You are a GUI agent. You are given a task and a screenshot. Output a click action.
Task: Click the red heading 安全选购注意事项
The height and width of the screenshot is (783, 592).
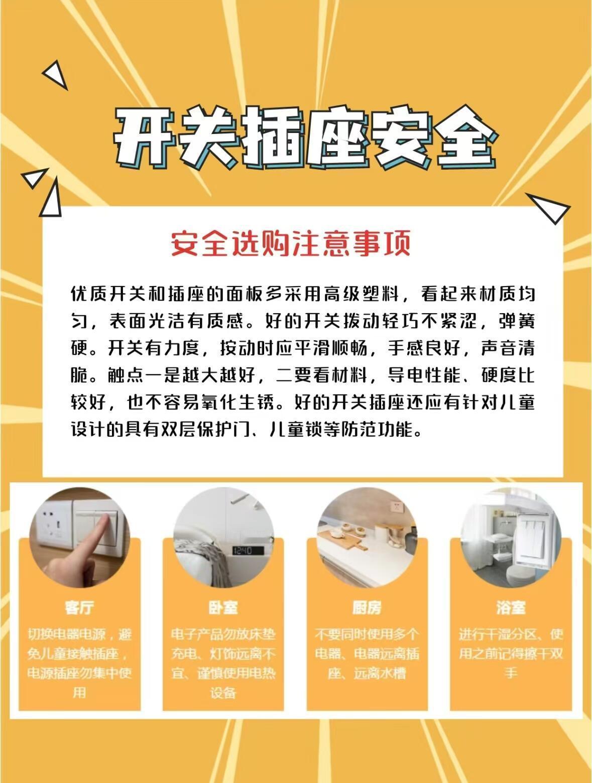[290, 243]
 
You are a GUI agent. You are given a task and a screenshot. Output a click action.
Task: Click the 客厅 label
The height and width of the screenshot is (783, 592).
[79, 607]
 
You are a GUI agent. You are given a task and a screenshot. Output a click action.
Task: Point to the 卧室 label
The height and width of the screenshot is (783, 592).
[223, 607]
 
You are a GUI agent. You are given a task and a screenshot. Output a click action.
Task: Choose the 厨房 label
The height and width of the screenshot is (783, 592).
[367, 607]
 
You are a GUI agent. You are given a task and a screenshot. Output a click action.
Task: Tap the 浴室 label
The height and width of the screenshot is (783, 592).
[511, 607]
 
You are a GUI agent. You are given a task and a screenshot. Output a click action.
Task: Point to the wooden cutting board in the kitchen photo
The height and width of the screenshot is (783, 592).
[342, 538]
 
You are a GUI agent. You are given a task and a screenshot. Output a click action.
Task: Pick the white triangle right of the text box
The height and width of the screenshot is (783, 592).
[548, 208]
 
